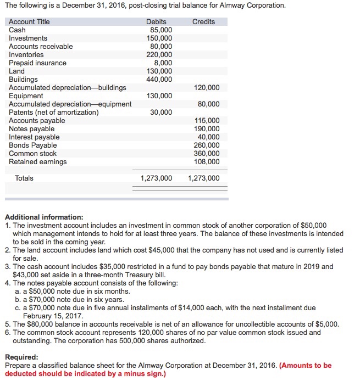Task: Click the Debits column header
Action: [156, 21]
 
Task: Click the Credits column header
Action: [203, 21]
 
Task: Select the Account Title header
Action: [29, 21]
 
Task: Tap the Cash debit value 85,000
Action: [160, 30]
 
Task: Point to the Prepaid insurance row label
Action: [37, 63]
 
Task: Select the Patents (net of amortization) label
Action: [54, 112]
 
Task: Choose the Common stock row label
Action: [32, 153]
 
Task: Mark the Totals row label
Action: [24, 178]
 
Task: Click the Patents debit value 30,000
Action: [160, 112]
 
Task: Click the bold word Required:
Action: [21, 356]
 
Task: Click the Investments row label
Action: [28, 38]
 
